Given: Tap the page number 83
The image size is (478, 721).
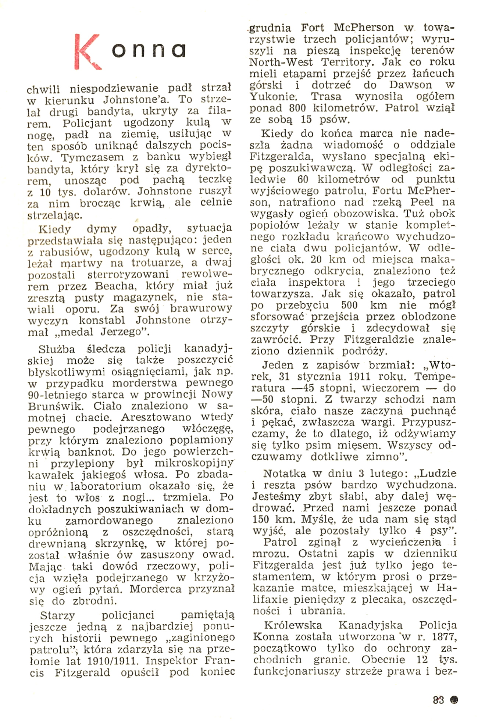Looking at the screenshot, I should (x=438, y=700).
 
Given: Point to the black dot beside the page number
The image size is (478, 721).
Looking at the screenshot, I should (x=454, y=700).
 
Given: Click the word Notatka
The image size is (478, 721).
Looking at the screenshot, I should (x=285, y=474).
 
